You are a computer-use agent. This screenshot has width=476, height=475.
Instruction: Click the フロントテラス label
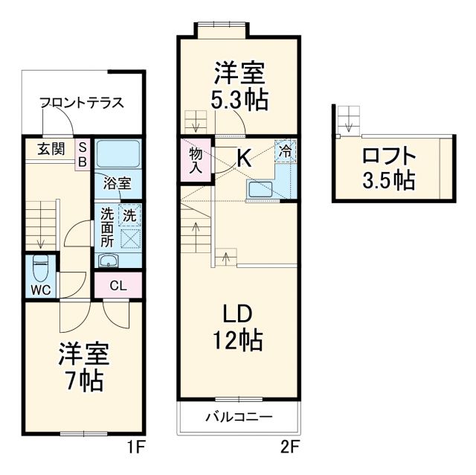click(x=81, y=103)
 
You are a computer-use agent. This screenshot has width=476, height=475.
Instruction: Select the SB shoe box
click(x=83, y=153)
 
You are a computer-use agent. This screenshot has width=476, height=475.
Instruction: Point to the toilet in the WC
click(x=42, y=266)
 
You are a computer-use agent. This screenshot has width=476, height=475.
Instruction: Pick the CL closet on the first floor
click(x=118, y=284)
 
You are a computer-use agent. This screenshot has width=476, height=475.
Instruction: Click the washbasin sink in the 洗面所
click(x=109, y=260)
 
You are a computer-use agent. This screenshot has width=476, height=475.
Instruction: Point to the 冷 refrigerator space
click(x=285, y=150)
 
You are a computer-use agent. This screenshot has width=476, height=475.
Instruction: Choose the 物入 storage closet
click(x=195, y=159)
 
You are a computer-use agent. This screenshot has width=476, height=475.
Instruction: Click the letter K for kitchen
click(x=244, y=157)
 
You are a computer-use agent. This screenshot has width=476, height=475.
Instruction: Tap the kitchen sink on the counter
click(x=261, y=190)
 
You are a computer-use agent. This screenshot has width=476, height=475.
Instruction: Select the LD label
click(x=238, y=312)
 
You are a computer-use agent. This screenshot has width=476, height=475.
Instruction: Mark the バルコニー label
click(x=239, y=416)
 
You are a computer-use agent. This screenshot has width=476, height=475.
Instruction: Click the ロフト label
click(x=389, y=157)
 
